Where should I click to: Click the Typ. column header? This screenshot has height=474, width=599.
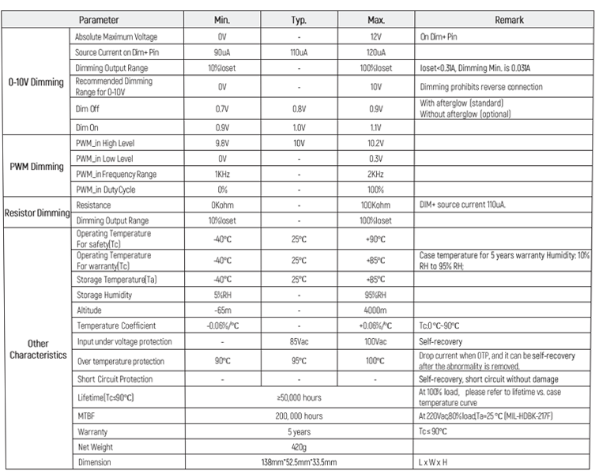(299, 20)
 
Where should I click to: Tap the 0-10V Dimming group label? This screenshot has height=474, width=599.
(36, 82)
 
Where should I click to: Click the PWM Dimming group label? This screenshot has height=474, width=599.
(36, 167)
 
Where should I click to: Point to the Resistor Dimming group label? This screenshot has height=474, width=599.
(36, 213)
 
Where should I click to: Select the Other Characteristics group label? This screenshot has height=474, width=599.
(36, 349)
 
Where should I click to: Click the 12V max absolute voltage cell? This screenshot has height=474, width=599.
(375, 37)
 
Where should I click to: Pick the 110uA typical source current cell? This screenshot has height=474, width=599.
(299, 52)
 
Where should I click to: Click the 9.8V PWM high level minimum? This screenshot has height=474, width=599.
(222, 144)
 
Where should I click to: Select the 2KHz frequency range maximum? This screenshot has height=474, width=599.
(375, 174)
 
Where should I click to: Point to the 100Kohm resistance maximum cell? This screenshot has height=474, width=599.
(375, 205)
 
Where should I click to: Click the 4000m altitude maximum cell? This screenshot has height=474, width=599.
(375, 310)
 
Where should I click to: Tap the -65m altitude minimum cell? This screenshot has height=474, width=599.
(222, 310)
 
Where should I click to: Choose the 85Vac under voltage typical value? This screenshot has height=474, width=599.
(299, 342)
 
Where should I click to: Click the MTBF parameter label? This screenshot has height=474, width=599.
(86, 416)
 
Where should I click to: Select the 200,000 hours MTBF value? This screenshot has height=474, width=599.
(299, 416)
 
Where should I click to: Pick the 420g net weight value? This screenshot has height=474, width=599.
(299, 447)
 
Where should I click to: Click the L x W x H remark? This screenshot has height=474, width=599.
(439, 462)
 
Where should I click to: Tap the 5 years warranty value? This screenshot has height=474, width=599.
(299, 432)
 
